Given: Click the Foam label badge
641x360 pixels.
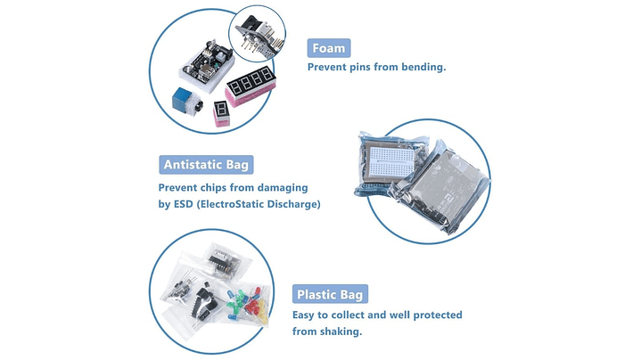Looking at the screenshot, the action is pyautogui.click(x=329, y=48).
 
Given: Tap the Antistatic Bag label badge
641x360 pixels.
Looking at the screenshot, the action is pyautogui.click(x=206, y=165).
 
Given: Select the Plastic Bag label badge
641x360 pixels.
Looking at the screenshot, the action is pyautogui.click(x=330, y=294).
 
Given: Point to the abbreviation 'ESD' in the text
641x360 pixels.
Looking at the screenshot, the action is pyautogui.click(x=183, y=203).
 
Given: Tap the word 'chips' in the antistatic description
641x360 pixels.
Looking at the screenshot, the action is pyautogui.click(x=213, y=188).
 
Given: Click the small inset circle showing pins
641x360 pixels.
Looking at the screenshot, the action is pyautogui.click(x=257, y=34).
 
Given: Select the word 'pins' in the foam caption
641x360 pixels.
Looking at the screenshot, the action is pyautogui.click(x=360, y=68).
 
